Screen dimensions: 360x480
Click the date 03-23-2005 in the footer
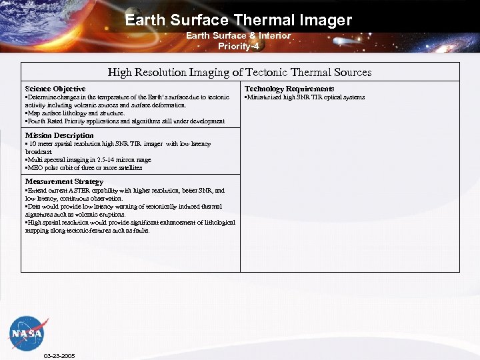pyautogui.click(x=59, y=356)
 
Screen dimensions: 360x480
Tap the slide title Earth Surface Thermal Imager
pyautogui.click(x=238, y=20)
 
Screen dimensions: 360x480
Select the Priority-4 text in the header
pyautogui.click(x=238, y=46)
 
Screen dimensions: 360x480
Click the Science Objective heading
pyautogui.click(x=55, y=89)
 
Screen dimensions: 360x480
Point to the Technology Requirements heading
pyautogui.click(x=289, y=89)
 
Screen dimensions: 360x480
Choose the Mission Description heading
pyautogui.click(x=59, y=135)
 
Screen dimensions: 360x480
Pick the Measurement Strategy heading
pyautogui.click(x=64, y=181)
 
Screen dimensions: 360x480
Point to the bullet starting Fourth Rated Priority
pyautogui.click(x=125, y=121)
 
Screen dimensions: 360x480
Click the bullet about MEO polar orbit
pyautogui.click(x=83, y=168)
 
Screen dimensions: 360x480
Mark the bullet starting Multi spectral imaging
pyautogui.click(x=88, y=160)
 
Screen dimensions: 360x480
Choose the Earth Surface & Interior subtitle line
pyautogui.click(x=238, y=36)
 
